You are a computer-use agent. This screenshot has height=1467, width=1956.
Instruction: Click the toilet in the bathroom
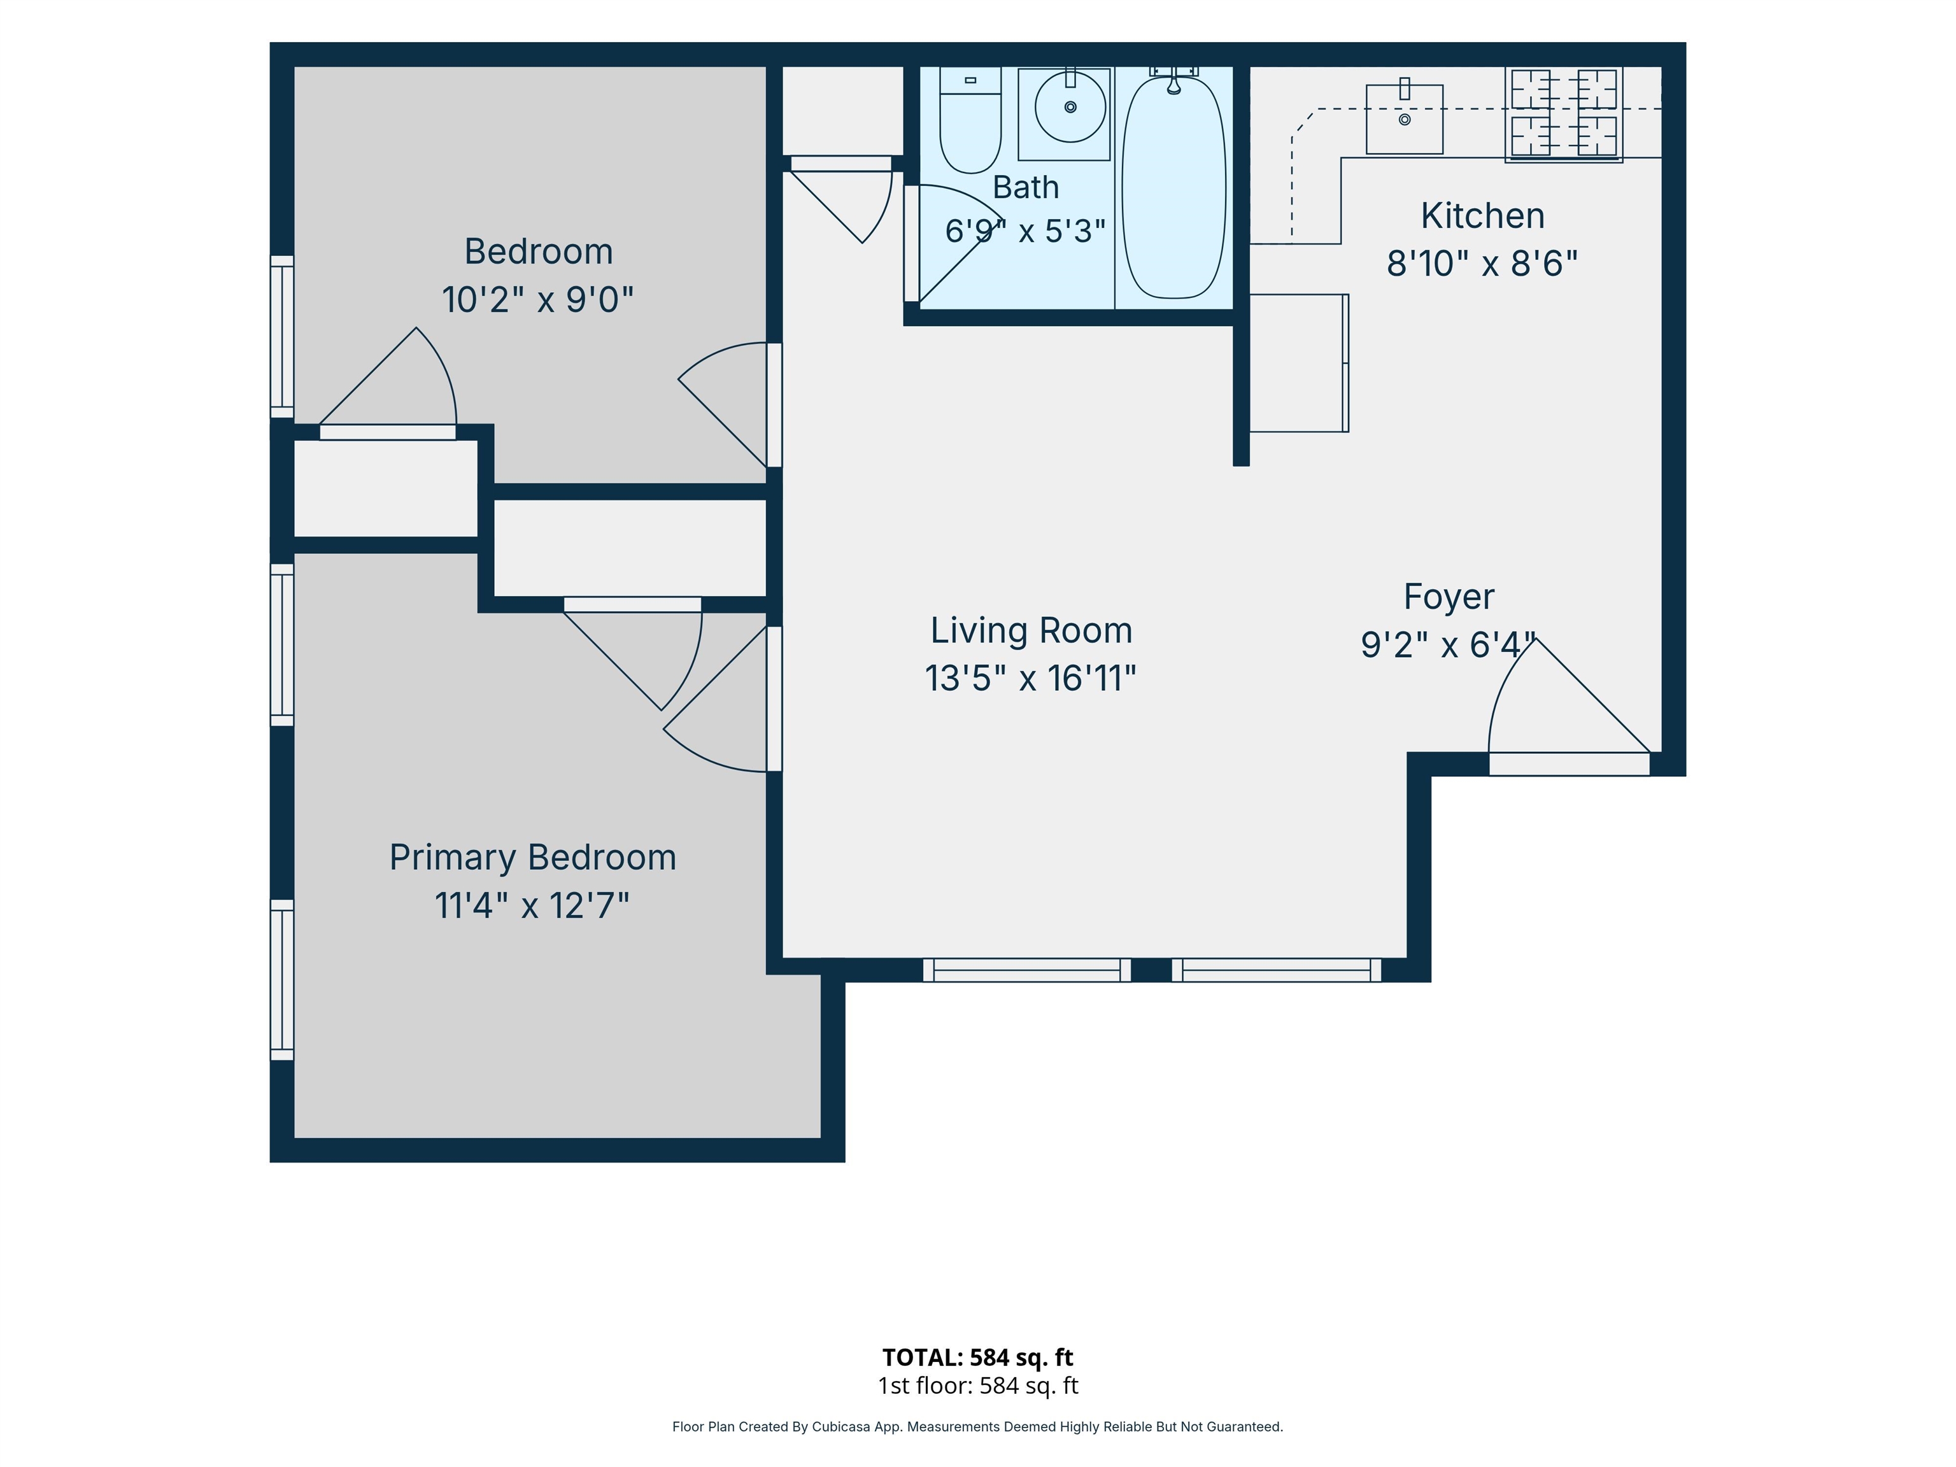(x=970, y=120)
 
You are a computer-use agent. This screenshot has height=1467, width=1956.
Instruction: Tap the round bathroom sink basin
(x=1070, y=107)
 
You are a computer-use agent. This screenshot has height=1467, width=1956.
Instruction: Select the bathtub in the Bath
(x=1173, y=187)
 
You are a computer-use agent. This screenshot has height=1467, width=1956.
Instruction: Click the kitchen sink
(x=1404, y=118)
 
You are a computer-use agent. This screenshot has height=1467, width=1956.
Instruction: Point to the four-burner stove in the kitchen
(x=1563, y=114)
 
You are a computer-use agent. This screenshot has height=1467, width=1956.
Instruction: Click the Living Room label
(x=1031, y=630)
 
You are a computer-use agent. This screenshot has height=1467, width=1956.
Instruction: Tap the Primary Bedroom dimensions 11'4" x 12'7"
(x=532, y=905)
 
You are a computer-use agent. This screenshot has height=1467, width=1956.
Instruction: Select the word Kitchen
(x=1483, y=216)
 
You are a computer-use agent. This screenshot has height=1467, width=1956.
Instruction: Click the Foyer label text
(x=1449, y=597)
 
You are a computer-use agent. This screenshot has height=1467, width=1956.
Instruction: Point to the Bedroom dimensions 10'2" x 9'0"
(x=537, y=300)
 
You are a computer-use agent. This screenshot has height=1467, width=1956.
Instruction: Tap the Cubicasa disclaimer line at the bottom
(x=977, y=1426)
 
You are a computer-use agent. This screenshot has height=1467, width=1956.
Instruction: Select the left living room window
(x=1026, y=970)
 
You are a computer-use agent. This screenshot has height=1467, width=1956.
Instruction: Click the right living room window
(x=1276, y=970)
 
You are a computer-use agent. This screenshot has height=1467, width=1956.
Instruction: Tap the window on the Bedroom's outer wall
(x=281, y=336)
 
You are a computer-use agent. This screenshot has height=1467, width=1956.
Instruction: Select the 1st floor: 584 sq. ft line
(x=977, y=1385)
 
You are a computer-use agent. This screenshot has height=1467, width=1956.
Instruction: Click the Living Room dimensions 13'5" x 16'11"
(x=1030, y=678)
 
